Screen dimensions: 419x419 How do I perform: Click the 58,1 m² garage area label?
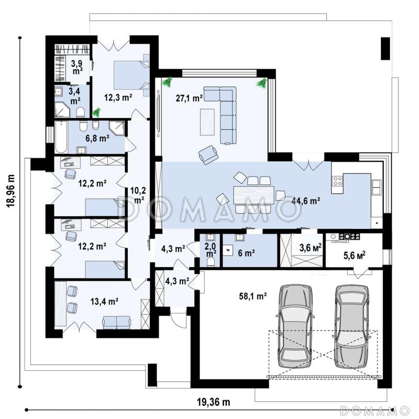[x=253, y=296]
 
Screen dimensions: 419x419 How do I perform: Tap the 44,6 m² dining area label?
[x=306, y=201]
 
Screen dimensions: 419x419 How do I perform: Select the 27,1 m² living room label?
[x=189, y=98]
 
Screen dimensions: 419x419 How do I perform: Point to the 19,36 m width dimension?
[x=214, y=402]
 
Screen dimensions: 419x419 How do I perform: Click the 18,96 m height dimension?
[x=11, y=191]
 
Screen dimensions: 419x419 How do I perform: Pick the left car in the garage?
[x=295, y=326]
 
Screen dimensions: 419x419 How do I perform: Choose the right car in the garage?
[x=352, y=326]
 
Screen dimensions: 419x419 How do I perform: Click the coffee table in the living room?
[x=207, y=122]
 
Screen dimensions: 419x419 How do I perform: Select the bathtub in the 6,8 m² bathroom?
[x=61, y=137]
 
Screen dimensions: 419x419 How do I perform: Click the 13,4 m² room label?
[x=104, y=302]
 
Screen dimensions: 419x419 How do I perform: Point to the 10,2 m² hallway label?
[x=138, y=195]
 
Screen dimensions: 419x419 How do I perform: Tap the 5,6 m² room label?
[x=355, y=256]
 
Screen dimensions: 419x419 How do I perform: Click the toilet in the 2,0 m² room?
[x=211, y=262]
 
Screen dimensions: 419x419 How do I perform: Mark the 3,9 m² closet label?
[x=76, y=67]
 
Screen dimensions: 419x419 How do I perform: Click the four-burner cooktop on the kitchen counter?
[x=337, y=181]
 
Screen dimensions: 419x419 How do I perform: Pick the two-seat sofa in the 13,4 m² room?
[x=116, y=322]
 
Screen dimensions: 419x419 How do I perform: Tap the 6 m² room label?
[x=246, y=253]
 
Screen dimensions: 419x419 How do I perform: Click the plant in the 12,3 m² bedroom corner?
[x=96, y=112]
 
